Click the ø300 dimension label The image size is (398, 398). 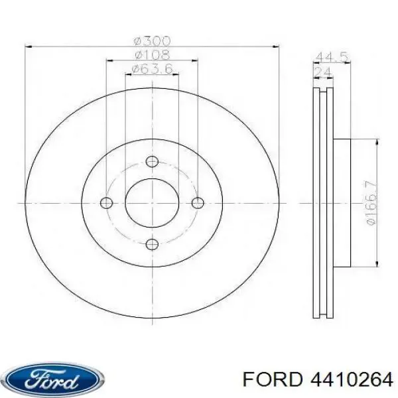[x=151, y=40]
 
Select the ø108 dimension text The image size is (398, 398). [x=151, y=54]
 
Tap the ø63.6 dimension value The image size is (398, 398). [x=151, y=69]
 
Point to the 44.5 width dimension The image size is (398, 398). [x=332, y=57]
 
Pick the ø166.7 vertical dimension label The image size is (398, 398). [x=371, y=202]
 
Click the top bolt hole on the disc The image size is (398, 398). [x=152, y=161]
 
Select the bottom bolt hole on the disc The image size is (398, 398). [x=152, y=245]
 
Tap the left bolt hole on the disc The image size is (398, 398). [x=105, y=203]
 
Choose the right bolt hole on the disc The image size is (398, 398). [x=198, y=203]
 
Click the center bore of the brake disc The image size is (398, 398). [x=152, y=203]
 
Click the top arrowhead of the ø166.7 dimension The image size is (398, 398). [x=377, y=142]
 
